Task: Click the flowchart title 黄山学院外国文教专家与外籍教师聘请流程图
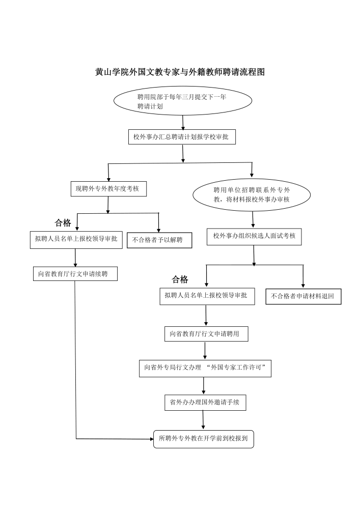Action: tap(180, 72)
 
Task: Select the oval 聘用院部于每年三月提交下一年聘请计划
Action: tap(183, 101)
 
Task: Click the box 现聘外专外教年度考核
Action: tap(108, 189)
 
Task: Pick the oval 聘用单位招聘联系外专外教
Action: tap(252, 194)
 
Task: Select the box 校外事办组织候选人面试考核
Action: tap(254, 236)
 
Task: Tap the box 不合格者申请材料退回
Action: tap(303, 296)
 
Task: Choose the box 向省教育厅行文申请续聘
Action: tap(75, 274)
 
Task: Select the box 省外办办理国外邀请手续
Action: tap(205, 402)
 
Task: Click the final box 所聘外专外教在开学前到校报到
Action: tap(203, 439)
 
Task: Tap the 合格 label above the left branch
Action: tap(63, 223)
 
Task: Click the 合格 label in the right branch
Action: tap(180, 279)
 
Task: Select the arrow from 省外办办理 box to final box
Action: tap(203, 420)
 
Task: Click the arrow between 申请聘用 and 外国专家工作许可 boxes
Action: tap(205, 351)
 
